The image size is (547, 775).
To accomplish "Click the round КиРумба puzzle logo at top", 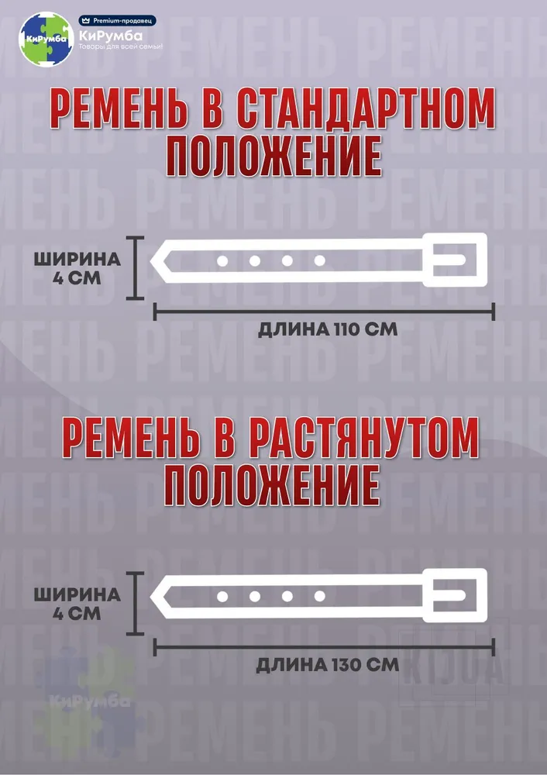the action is pyautogui.click(x=46, y=39).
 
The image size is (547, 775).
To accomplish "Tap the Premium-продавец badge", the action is pyautogui.click(x=118, y=21).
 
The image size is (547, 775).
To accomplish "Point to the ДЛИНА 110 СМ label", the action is pyautogui.click(x=328, y=329).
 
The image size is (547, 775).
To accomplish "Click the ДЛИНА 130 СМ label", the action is pyautogui.click(x=327, y=665).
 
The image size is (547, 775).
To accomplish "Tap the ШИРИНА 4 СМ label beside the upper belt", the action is pyautogui.click(x=77, y=268).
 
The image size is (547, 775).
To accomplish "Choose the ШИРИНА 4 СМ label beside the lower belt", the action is pyautogui.click(x=77, y=604).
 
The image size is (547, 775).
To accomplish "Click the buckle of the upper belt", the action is pyautogui.click(x=455, y=260).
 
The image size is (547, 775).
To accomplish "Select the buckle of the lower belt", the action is pyautogui.click(x=455, y=595).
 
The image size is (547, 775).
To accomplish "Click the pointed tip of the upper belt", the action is pyautogui.click(x=151, y=260).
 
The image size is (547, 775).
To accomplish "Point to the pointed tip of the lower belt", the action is pyautogui.click(x=151, y=596).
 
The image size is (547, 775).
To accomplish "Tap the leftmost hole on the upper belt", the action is pyautogui.click(x=222, y=260).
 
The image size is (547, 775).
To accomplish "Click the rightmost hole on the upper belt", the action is pyautogui.click(x=320, y=260).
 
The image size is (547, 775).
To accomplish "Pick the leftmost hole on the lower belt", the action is pyautogui.click(x=222, y=597).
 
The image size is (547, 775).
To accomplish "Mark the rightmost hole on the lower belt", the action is pyautogui.click(x=320, y=597).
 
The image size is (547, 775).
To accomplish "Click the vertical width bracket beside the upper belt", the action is pyautogui.click(x=135, y=268).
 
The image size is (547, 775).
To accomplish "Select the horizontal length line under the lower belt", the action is pyautogui.click(x=324, y=647).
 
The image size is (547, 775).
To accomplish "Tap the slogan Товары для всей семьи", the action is pyautogui.click(x=121, y=46).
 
